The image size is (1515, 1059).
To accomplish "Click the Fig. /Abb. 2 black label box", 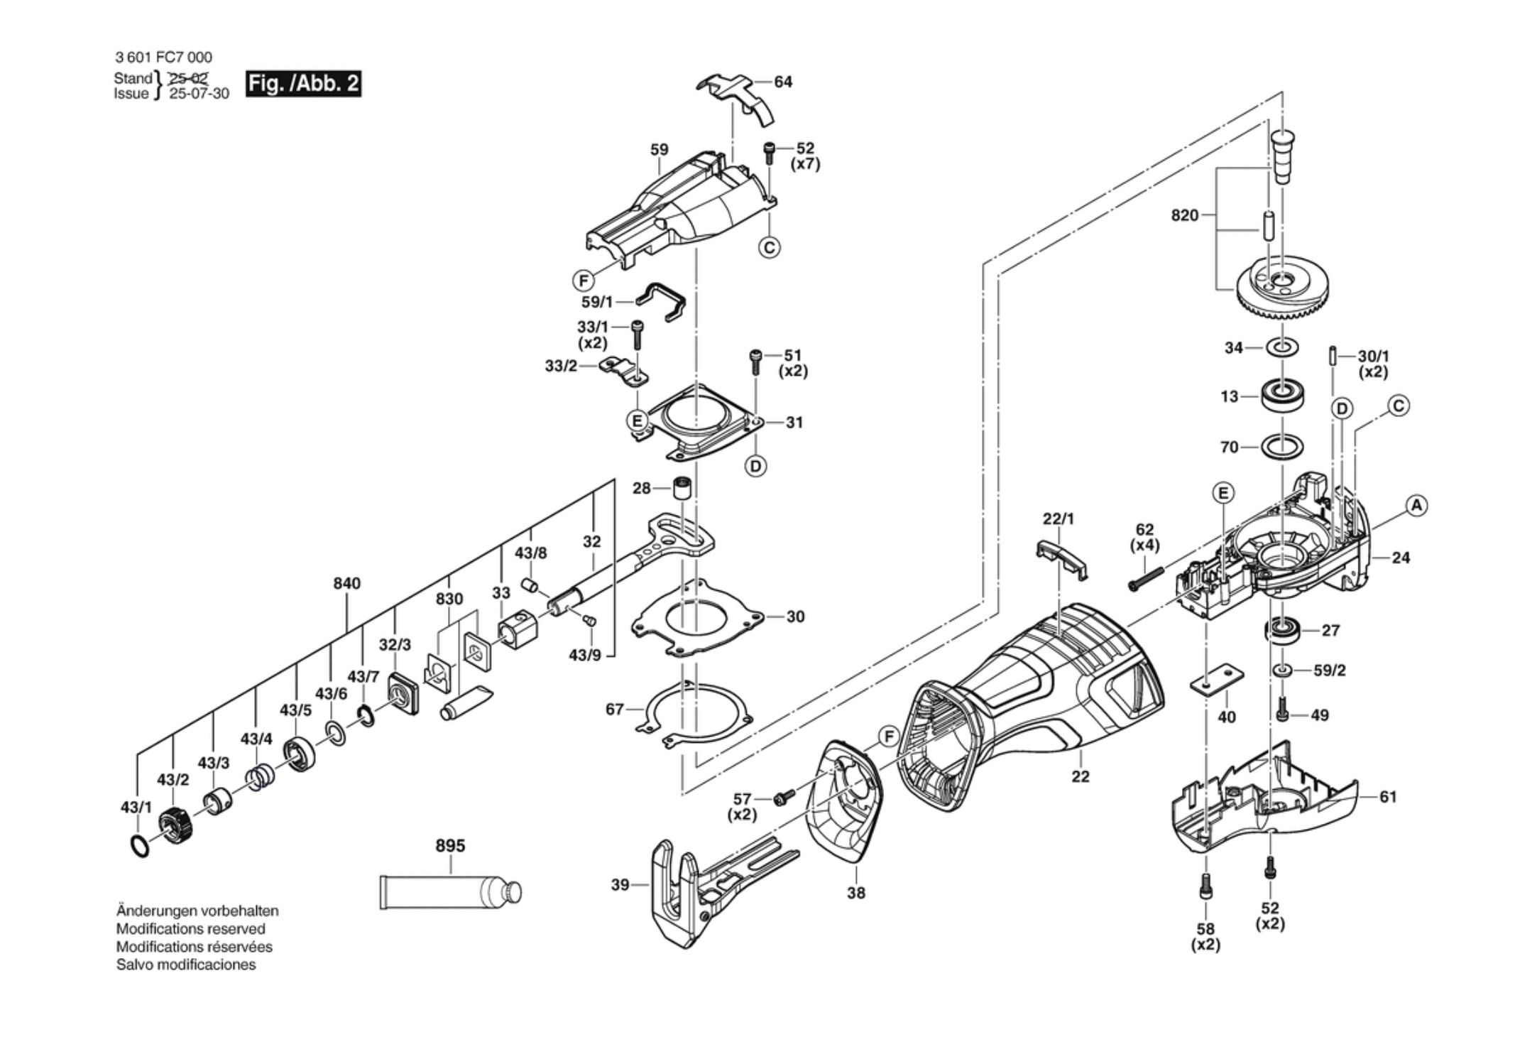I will (303, 84).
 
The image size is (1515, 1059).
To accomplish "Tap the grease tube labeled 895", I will (449, 891).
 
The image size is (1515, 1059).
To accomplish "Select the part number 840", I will (346, 583).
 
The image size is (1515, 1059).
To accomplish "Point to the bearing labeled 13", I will (1282, 395).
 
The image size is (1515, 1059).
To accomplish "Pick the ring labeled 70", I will (1282, 447).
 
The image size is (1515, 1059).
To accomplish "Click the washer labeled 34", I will (1282, 347).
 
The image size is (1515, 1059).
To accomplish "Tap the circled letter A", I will (1416, 506).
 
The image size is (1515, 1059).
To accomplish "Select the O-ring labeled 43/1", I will (141, 846).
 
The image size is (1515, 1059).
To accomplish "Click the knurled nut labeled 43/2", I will (176, 825).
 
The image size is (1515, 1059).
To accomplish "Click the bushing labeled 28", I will (682, 488).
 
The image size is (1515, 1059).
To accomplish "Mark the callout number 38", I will (856, 892).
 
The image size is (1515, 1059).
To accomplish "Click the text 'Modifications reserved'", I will (190, 929).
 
